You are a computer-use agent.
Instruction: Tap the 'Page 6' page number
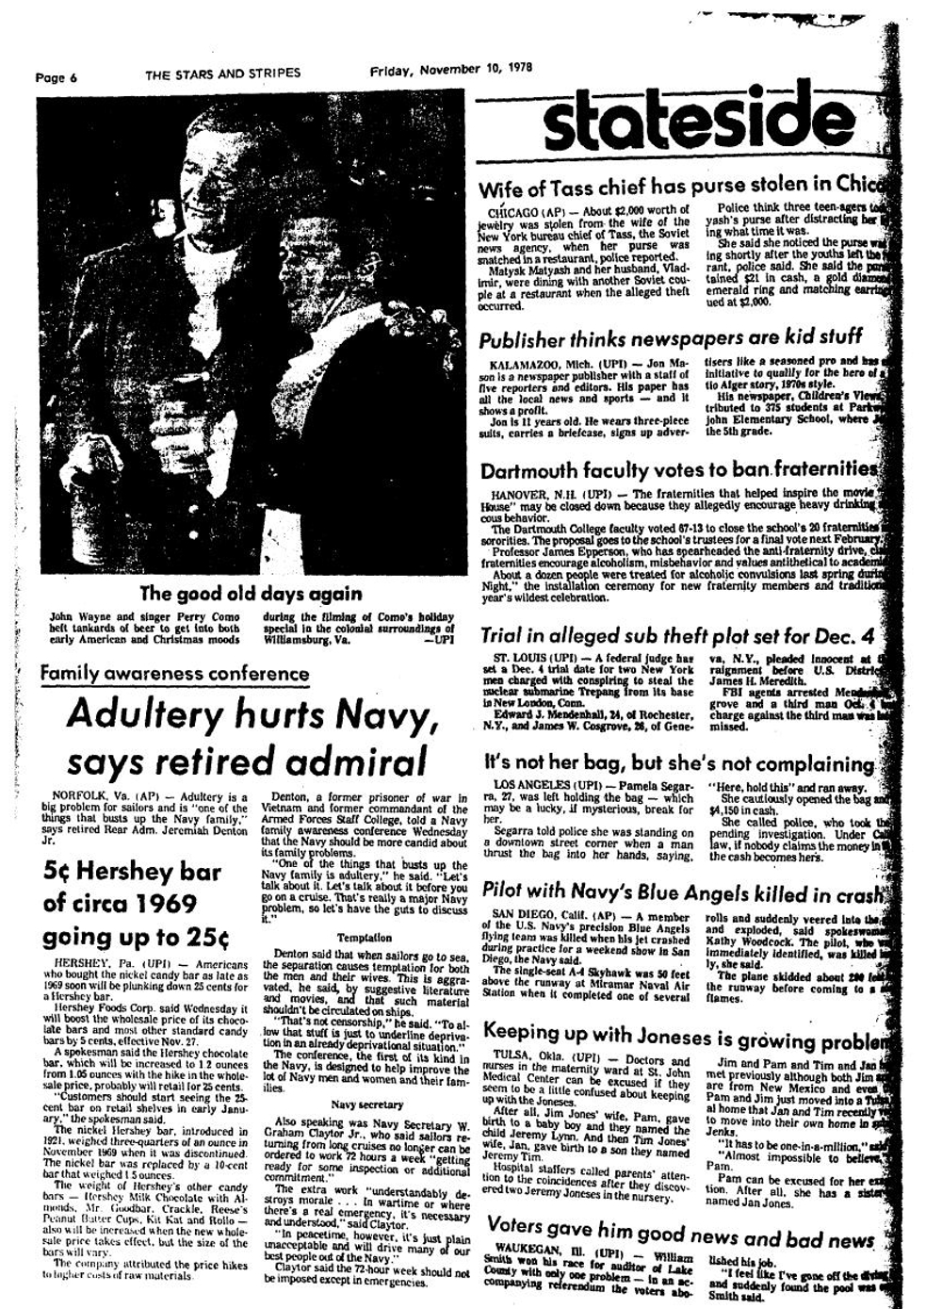pos(56,77)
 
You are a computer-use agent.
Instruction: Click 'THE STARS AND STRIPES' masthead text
pos(223,74)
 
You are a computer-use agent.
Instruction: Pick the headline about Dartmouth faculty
pos(679,470)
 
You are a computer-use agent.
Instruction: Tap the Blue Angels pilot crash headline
pos(683,891)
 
